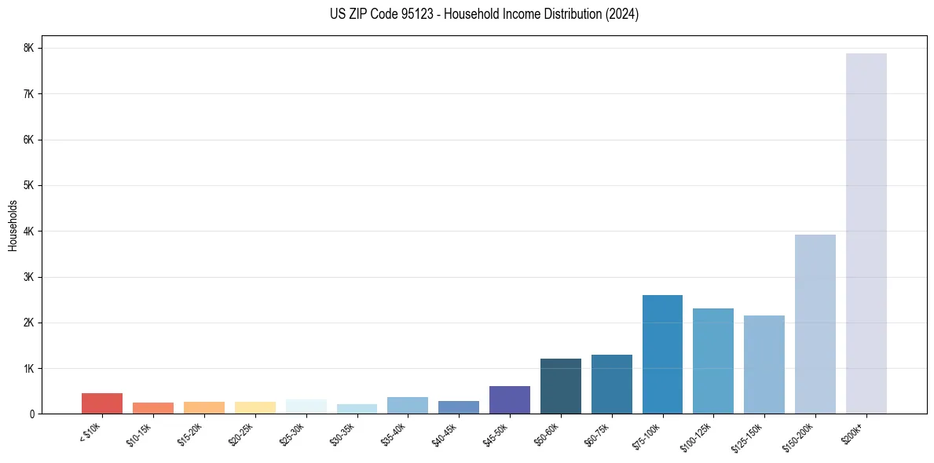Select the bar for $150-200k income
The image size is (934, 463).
tap(815, 324)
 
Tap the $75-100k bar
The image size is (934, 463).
tap(662, 354)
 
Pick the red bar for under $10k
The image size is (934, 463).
tap(102, 403)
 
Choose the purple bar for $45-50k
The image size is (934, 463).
tap(509, 399)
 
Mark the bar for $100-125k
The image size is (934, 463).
tap(712, 361)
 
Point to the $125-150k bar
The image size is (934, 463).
tap(764, 364)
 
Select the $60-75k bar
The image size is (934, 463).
tap(611, 384)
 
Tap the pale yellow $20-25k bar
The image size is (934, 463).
tap(255, 407)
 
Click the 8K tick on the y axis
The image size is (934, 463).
tap(29, 48)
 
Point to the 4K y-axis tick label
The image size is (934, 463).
tap(29, 231)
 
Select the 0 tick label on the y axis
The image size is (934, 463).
tap(31, 414)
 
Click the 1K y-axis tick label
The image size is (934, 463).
tap(29, 369)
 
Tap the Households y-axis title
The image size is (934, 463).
tap(13, 225)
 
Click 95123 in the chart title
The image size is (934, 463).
tap(399, 14)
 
